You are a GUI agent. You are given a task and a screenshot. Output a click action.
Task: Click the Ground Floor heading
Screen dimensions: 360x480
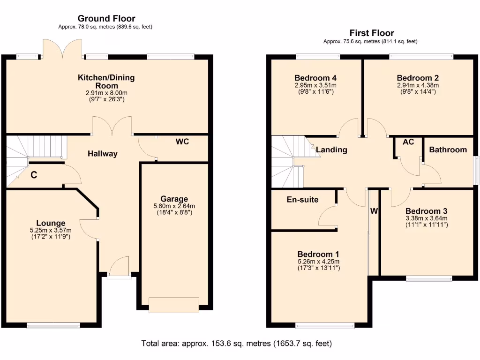[x=106, y=19]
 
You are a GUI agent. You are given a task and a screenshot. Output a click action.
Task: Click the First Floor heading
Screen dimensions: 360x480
[x=371, y=33]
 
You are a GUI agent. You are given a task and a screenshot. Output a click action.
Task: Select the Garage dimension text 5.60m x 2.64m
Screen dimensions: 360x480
[x=174, y=206]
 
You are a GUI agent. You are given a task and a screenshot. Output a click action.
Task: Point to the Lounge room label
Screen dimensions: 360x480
[x=51, y=223]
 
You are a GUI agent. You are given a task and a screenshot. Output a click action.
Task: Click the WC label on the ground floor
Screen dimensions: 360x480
[x=182, y=142]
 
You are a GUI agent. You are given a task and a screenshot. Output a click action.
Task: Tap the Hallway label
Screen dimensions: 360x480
[x=102, y=154]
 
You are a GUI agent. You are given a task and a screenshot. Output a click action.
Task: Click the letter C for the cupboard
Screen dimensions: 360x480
[x=34, y=175]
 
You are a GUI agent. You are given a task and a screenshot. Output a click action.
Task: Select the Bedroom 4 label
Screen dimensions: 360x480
[x=315, y=78]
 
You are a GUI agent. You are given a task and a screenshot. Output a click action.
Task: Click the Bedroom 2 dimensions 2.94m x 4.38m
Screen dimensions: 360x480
[x=418, y=85]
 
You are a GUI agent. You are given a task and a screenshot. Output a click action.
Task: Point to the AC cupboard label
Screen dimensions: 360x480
[x=408, y=142]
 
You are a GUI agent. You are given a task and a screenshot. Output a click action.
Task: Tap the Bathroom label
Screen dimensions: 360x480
[x=448, y=150]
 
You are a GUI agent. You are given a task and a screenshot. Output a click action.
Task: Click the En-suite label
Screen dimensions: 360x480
[x=302, y=200]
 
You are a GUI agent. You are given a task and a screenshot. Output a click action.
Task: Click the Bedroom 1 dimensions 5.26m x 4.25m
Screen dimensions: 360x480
[x=319, y=262]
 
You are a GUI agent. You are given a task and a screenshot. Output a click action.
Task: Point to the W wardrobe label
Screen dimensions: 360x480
[x=374, y=211]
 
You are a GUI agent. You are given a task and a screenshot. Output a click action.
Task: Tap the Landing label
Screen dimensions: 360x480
[x=331, y=150]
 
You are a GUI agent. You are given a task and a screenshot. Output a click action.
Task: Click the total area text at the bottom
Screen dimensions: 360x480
[x=237, y=344]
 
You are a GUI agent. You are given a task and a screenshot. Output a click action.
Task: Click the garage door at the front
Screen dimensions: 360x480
[x=173, y=305]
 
